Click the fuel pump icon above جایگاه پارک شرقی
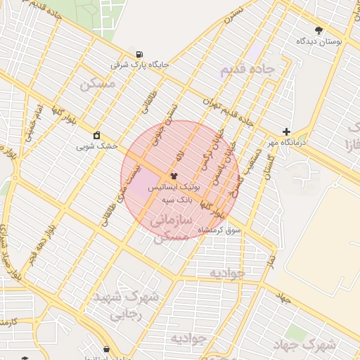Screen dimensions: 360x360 point(140,54)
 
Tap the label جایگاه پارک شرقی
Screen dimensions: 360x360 point(141,65)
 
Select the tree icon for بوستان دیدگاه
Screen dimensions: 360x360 point(319,31)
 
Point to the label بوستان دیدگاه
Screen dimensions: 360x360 point(319,41)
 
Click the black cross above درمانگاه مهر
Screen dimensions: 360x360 point(286,131)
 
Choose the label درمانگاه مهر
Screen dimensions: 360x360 point(286,143)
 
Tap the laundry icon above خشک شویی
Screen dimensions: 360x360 point(96,136)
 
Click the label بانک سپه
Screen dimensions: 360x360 point(170,199)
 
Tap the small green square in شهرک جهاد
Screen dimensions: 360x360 point(291,332)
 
